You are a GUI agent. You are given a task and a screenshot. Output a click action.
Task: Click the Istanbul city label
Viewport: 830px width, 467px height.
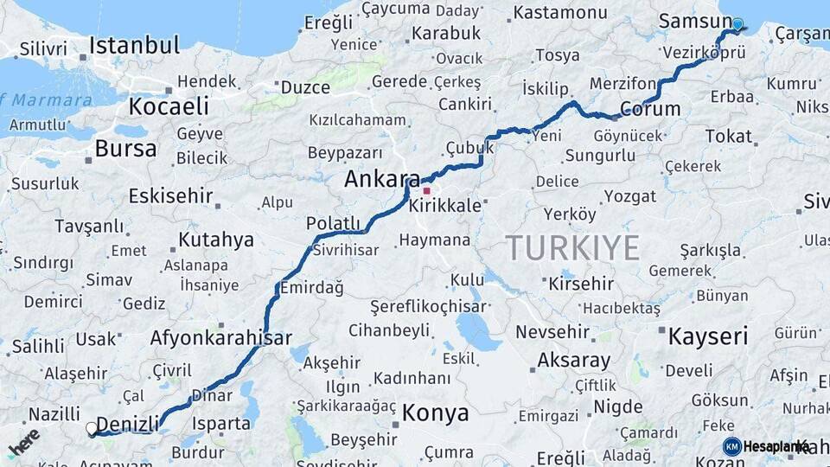point(134,45)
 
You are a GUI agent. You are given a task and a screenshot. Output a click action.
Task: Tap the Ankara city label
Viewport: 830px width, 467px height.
point(381,179)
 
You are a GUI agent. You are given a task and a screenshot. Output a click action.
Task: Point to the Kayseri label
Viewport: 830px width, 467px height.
point(707,336)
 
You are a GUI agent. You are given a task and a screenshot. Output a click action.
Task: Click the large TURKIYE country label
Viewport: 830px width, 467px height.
point(573,248)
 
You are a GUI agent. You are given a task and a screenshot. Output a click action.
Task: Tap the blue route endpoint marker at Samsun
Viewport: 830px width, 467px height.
point(737,24)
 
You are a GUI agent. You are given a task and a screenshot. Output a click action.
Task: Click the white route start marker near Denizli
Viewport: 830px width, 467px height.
point(92,427)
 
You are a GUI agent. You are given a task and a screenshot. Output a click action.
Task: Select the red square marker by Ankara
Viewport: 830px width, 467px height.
point(426,189)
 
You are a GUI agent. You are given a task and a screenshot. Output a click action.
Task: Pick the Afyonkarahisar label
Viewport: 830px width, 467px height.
point(220,338)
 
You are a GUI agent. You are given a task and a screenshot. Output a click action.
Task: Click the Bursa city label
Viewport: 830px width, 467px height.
point(125,148)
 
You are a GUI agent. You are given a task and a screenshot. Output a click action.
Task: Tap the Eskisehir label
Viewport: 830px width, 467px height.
point(170,195)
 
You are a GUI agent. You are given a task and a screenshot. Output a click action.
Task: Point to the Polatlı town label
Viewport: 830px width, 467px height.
point(333,223)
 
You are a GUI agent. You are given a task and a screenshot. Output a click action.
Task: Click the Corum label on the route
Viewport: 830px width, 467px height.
point(650,110)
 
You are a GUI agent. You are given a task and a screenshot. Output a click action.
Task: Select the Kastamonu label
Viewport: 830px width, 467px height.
point(560,13)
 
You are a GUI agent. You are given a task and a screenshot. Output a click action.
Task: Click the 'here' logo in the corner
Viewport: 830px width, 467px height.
point(23,441)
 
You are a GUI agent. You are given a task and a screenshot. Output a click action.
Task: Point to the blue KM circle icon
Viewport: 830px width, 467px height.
point(732,446)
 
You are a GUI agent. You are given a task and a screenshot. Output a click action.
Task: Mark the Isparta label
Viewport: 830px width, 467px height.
point(223,424)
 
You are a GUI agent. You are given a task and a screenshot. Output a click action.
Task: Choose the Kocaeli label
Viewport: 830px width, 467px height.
point(169,106)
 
